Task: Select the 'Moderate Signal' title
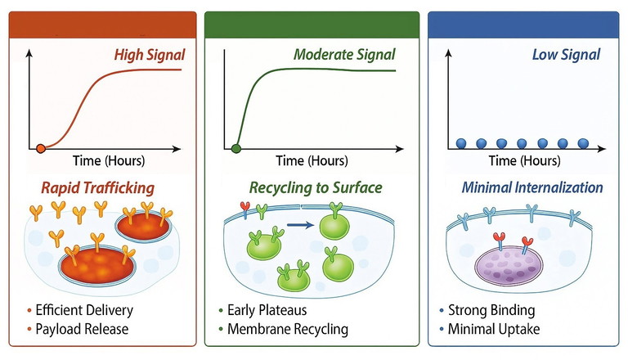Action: point(344,56)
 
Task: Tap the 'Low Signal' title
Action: point(566,56)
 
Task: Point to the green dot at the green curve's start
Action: point(237,148)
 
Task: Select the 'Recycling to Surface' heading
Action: point(313,188)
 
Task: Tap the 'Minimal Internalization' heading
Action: point(532,188)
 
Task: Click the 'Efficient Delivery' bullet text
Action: point(85,310)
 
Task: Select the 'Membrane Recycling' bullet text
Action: point(289,329)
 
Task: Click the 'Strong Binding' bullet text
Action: point(491,310)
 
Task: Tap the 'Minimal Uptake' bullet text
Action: point(492,329)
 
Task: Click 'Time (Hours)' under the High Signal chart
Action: point(103,160)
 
